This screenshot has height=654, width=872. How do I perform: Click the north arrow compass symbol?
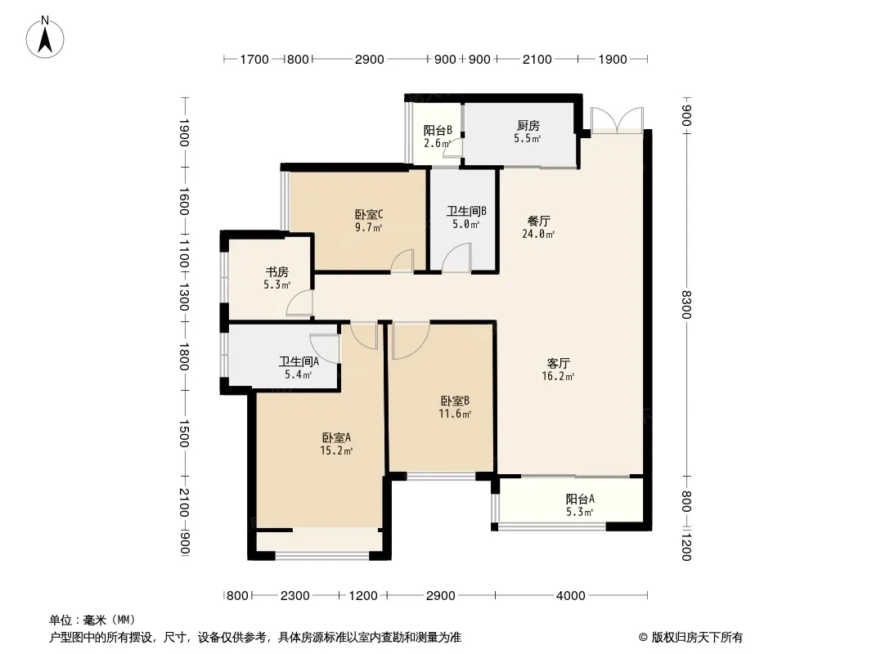point(45,38)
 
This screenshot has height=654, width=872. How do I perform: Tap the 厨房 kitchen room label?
point(528,126)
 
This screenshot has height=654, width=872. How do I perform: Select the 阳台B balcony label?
point(438,131)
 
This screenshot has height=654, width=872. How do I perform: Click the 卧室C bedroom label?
point(369,214)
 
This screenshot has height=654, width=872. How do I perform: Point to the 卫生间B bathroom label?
point(466,211)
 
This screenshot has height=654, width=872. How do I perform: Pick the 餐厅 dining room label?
point(538,222)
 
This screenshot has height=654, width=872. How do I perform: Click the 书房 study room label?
point(277,272)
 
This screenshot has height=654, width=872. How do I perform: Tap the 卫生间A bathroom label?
point(299,361)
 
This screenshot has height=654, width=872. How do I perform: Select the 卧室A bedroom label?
point(336,438)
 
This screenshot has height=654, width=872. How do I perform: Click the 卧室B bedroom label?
point(455,401)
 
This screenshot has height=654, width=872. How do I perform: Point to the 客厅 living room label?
point(558,364)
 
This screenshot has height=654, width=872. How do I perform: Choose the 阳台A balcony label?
point(580,499)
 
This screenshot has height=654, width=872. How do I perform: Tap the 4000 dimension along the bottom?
point(571,596)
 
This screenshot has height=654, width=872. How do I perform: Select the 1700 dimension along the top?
point(254,60)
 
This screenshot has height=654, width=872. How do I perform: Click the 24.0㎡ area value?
point(538,234)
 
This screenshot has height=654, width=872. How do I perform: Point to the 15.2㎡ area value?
point(336,450)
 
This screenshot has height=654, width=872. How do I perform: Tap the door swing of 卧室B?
point(411,341)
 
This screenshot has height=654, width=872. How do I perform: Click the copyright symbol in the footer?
point(643,638)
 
